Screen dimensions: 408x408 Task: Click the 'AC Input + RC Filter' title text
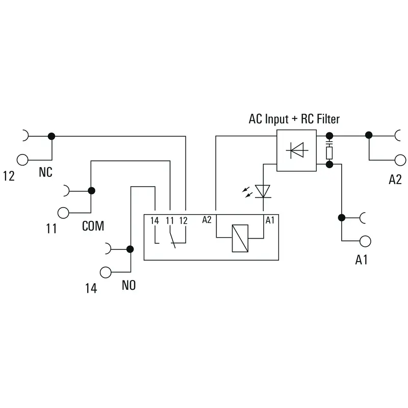click(x=294, y=119)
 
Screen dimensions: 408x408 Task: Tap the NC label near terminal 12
click(x=45, y=172)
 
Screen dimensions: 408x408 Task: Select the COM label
click(x=93, y=226)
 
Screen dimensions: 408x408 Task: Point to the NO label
click(x=129, y=285)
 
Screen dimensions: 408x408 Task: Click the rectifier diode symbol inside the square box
click(x=297, y=150)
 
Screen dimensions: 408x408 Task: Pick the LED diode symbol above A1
click(x=263, y=192)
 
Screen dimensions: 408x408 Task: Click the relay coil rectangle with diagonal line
click(x=240, y=238)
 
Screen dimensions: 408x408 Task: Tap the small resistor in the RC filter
click(x=329, y=153)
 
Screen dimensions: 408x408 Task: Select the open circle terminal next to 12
click(x=22, y=160)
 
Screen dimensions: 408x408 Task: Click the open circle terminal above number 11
click(x=63, y=213)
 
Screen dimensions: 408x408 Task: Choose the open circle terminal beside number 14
click(x=106, y=272)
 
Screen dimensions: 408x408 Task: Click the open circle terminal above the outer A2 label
click(x=400, y=160)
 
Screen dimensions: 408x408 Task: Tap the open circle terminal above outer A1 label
click(x=365, y=241)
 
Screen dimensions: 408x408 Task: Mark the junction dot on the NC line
click(x=52, y=136)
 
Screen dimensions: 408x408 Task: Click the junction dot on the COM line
click(x=91, y=191)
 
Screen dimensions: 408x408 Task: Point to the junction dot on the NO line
click(x=130, y=249)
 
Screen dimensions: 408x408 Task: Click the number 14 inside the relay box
click(x=155, y=221)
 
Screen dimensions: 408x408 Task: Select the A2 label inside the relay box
click(x=207, y=220)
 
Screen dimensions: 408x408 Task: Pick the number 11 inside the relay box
click(x=170, y=221)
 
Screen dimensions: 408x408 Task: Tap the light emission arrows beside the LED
click(x=247, y=192)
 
